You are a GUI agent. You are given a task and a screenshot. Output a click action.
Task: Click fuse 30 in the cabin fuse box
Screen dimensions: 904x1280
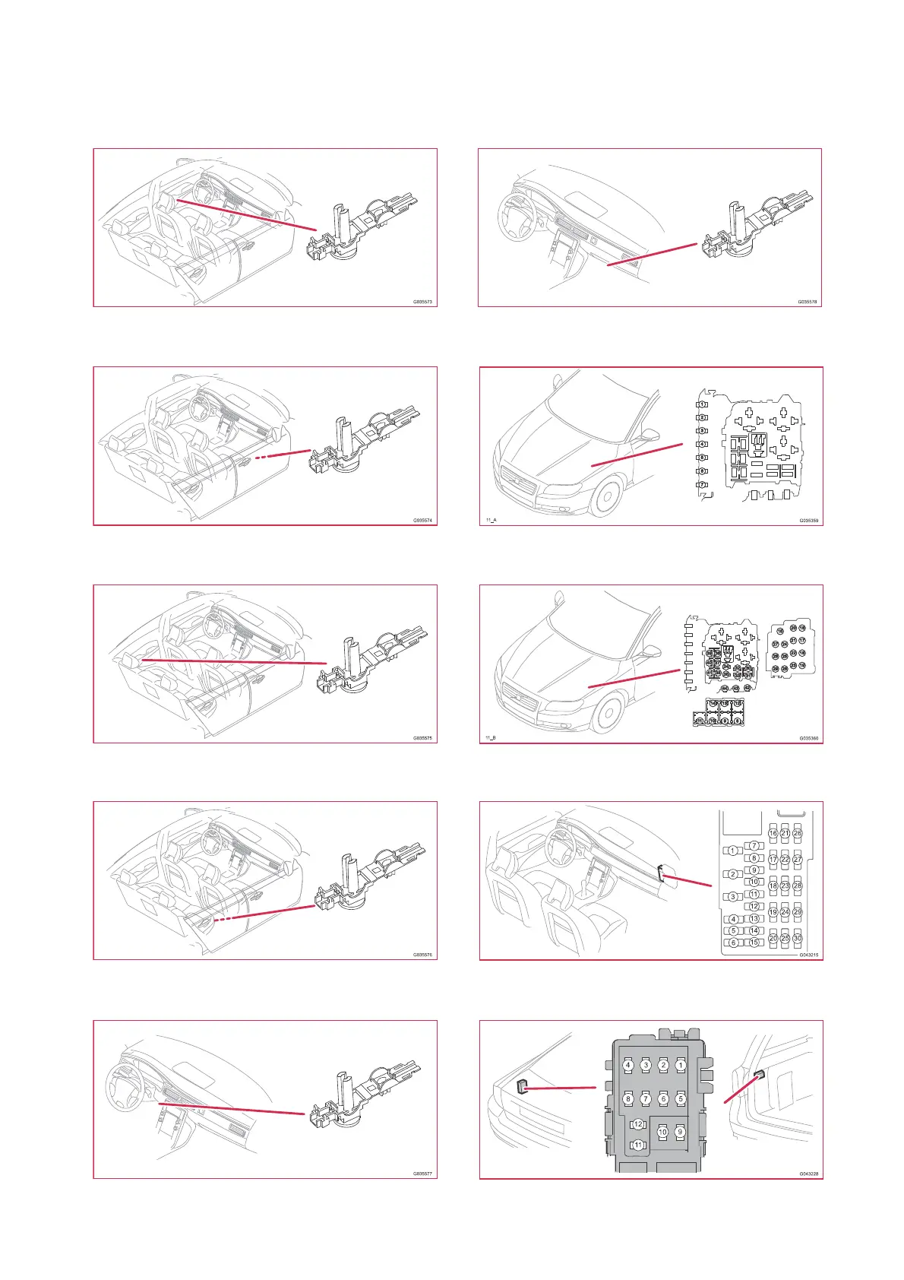pyautogui.click(x=798, y=938)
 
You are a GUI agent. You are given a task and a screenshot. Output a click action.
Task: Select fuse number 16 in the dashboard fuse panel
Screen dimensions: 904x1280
pyautogui.click(x=773, y=834)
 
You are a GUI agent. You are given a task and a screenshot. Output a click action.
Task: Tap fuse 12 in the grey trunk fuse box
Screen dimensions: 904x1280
pyautogui.click(x=638, y=1124)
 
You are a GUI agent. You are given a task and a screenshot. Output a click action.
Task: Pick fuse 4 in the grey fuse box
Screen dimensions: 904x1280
pyautogui.click(x=628, y=1065)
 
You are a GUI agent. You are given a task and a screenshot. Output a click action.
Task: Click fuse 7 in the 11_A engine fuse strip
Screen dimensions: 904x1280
pyautogui.click(x=703, y=485)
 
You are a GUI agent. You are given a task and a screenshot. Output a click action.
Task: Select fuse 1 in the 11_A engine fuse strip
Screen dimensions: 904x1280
pyautogui.click(x=703, y=404)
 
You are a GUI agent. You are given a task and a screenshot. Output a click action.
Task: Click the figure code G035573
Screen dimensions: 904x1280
pyautogui.click(x=422, y=302)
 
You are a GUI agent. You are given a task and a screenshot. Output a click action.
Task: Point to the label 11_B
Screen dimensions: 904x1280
pyautogui.click(x=491, y=738)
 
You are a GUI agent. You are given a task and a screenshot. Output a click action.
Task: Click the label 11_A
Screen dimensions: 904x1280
pyautogui.click(x=491, y=521)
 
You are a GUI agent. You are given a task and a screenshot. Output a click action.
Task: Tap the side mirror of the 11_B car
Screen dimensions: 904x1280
pyautogui.click(x=652, y=652)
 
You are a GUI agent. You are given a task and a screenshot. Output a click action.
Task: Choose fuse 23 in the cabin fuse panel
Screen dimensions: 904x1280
pyautogui.click(x=785, y=886)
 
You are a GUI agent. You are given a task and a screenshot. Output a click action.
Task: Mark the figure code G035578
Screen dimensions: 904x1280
pyautogui.click(x=807, y=302)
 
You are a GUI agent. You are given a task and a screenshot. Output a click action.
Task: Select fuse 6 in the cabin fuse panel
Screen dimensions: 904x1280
pyautogui.click(x=733, y=943)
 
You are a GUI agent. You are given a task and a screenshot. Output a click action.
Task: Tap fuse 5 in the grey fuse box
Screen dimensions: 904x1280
pyautogui.click(x=680, y=1098)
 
